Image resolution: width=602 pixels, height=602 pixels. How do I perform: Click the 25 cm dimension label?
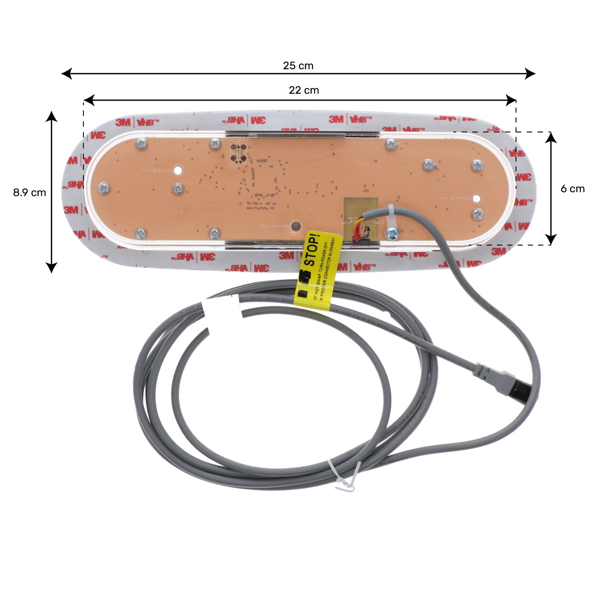(x=298, y=66)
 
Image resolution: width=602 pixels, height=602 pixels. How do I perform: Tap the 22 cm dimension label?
(x=304, y=90)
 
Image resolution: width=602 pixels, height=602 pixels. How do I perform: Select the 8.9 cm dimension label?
(x=29, y=193)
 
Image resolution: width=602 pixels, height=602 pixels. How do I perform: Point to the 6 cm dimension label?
(x=572, y=189)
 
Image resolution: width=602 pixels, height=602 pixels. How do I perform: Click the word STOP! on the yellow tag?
(x=313, y=250)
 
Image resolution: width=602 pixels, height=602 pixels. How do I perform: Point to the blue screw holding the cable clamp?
(x=392, y=233)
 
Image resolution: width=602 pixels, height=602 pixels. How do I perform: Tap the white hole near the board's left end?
(x=178, y=170)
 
